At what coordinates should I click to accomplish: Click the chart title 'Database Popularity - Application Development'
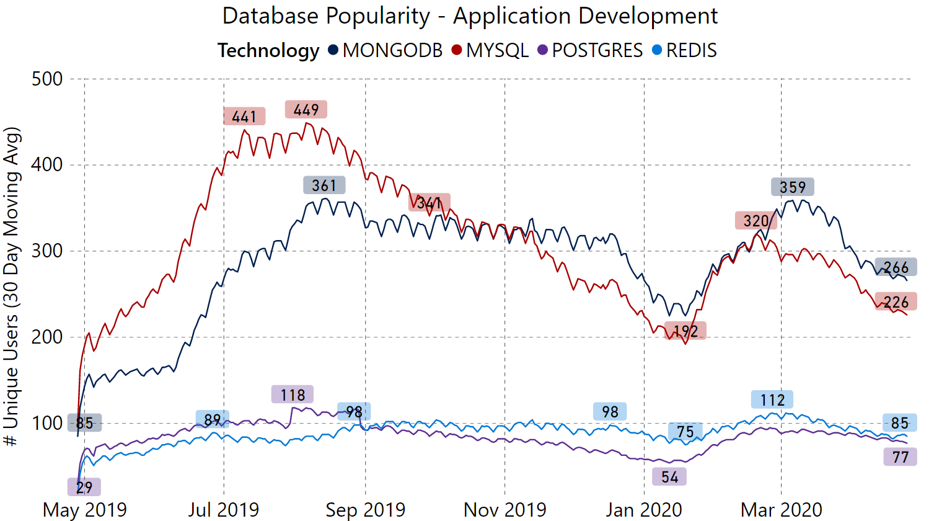click(470, 16)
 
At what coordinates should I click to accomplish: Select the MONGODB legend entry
click(385, 50)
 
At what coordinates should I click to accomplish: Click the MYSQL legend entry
click(490, 50)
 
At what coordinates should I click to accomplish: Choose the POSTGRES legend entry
click(590, 50)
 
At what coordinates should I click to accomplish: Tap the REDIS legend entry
click(685, 50)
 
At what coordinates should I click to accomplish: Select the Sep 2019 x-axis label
click(365, 510)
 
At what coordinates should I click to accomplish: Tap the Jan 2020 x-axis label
click(644, 510)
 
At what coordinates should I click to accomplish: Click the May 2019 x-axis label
click(85, 510)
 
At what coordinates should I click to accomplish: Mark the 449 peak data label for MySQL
click(306, 110)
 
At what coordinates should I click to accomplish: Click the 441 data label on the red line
click(244, 117)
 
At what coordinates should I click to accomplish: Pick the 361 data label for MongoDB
click(324, 185)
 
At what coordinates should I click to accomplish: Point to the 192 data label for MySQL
click(685, 331)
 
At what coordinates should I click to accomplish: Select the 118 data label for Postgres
click(293, 395)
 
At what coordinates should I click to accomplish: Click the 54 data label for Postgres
click(669, 476)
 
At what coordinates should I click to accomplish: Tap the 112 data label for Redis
click(772, 400)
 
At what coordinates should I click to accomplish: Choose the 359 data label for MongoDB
click(793, 187)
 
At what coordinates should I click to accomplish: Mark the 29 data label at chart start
click(84, 488)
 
